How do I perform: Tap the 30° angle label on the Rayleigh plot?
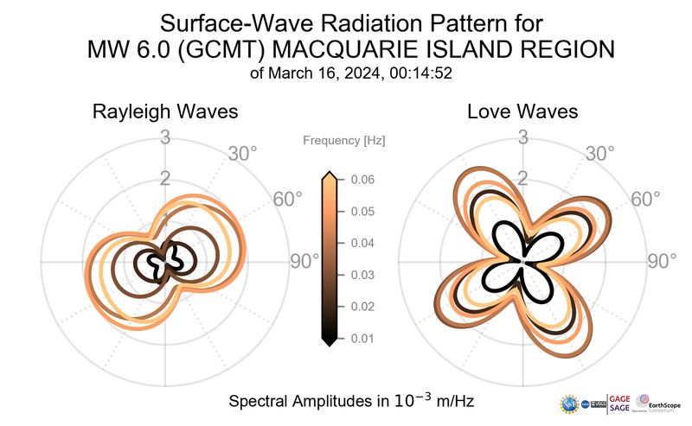point(242,155)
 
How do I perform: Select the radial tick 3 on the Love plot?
point(522,137)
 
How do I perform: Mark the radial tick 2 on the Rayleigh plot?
point(165,179)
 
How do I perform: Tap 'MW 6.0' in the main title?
point(123,51)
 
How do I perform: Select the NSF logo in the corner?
point(569,403)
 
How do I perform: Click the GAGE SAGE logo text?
point(620,402)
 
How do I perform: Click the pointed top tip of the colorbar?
point(329,174)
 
